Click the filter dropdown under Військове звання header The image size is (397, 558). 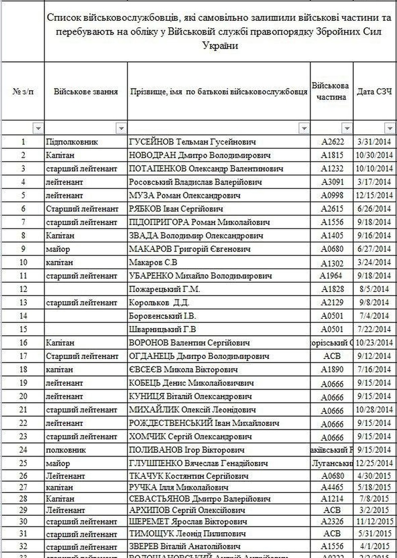[x=121, y=129]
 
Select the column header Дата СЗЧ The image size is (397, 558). [x=375, y=92]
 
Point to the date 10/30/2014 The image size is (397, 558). [x=375, y=155]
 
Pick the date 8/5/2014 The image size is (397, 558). [x=375, y=289]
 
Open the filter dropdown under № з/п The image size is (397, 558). [x=38, y=129]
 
